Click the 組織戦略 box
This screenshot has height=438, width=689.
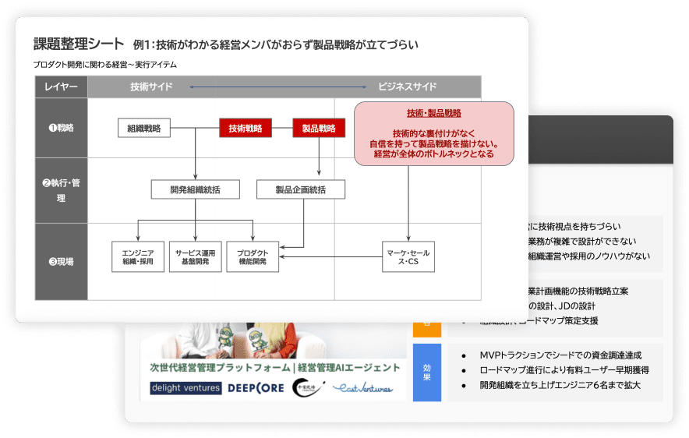pos(144,129)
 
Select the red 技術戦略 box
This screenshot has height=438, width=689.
pos(245,129)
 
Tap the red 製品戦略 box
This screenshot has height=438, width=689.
pos(319,129)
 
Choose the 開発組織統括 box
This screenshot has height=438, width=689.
pos(195,189)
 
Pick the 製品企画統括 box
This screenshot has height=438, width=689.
pos(301,189)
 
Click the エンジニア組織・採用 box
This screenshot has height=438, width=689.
pos(138,256)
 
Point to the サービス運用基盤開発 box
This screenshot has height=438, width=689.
pos(196,256)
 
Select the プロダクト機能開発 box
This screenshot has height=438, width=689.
pos(253,256)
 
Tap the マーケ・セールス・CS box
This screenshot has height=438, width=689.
pos(408,256)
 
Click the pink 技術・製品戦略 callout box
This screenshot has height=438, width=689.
pos(434,133)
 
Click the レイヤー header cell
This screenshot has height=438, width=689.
pos(62,87)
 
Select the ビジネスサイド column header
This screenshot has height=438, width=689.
pos(407,87)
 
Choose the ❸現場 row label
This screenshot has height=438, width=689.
pos(62,262)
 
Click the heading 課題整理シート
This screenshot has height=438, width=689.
pos(78,44)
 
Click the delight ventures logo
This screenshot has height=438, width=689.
pos(186,388)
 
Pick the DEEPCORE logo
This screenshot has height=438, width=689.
pos(256,388)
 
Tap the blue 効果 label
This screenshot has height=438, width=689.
pos(426,373)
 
